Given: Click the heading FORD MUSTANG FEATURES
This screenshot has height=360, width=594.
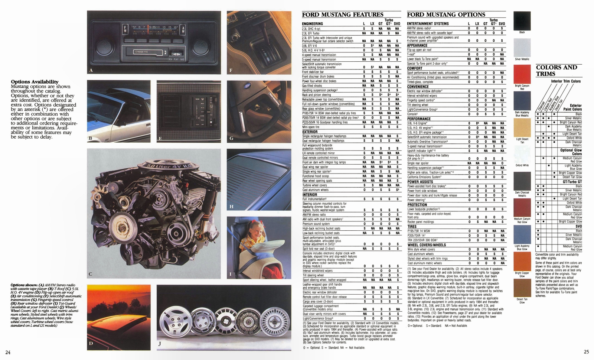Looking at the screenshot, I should point(342,15).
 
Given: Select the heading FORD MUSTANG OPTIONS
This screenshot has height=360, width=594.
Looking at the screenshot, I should point(446,15).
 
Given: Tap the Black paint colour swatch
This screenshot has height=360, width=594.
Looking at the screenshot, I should point(522,20).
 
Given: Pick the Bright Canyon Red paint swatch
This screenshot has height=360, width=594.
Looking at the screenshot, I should point(522,74).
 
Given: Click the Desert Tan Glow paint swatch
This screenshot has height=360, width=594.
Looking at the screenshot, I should point(522,288).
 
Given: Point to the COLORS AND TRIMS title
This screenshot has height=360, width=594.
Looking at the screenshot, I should point(556,70).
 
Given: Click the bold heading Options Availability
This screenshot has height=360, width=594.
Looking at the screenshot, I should point(35,82).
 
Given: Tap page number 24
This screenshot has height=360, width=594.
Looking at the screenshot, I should point(8,352).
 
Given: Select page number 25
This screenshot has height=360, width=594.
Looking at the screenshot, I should point(586,352).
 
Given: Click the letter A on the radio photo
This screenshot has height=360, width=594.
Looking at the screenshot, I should point(91,70).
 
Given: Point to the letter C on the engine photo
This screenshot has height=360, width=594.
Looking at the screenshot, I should point(91,275).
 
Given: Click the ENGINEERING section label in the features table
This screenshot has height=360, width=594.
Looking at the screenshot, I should point(312,24).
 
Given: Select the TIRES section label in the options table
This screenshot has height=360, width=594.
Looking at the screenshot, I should point(412,226).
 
